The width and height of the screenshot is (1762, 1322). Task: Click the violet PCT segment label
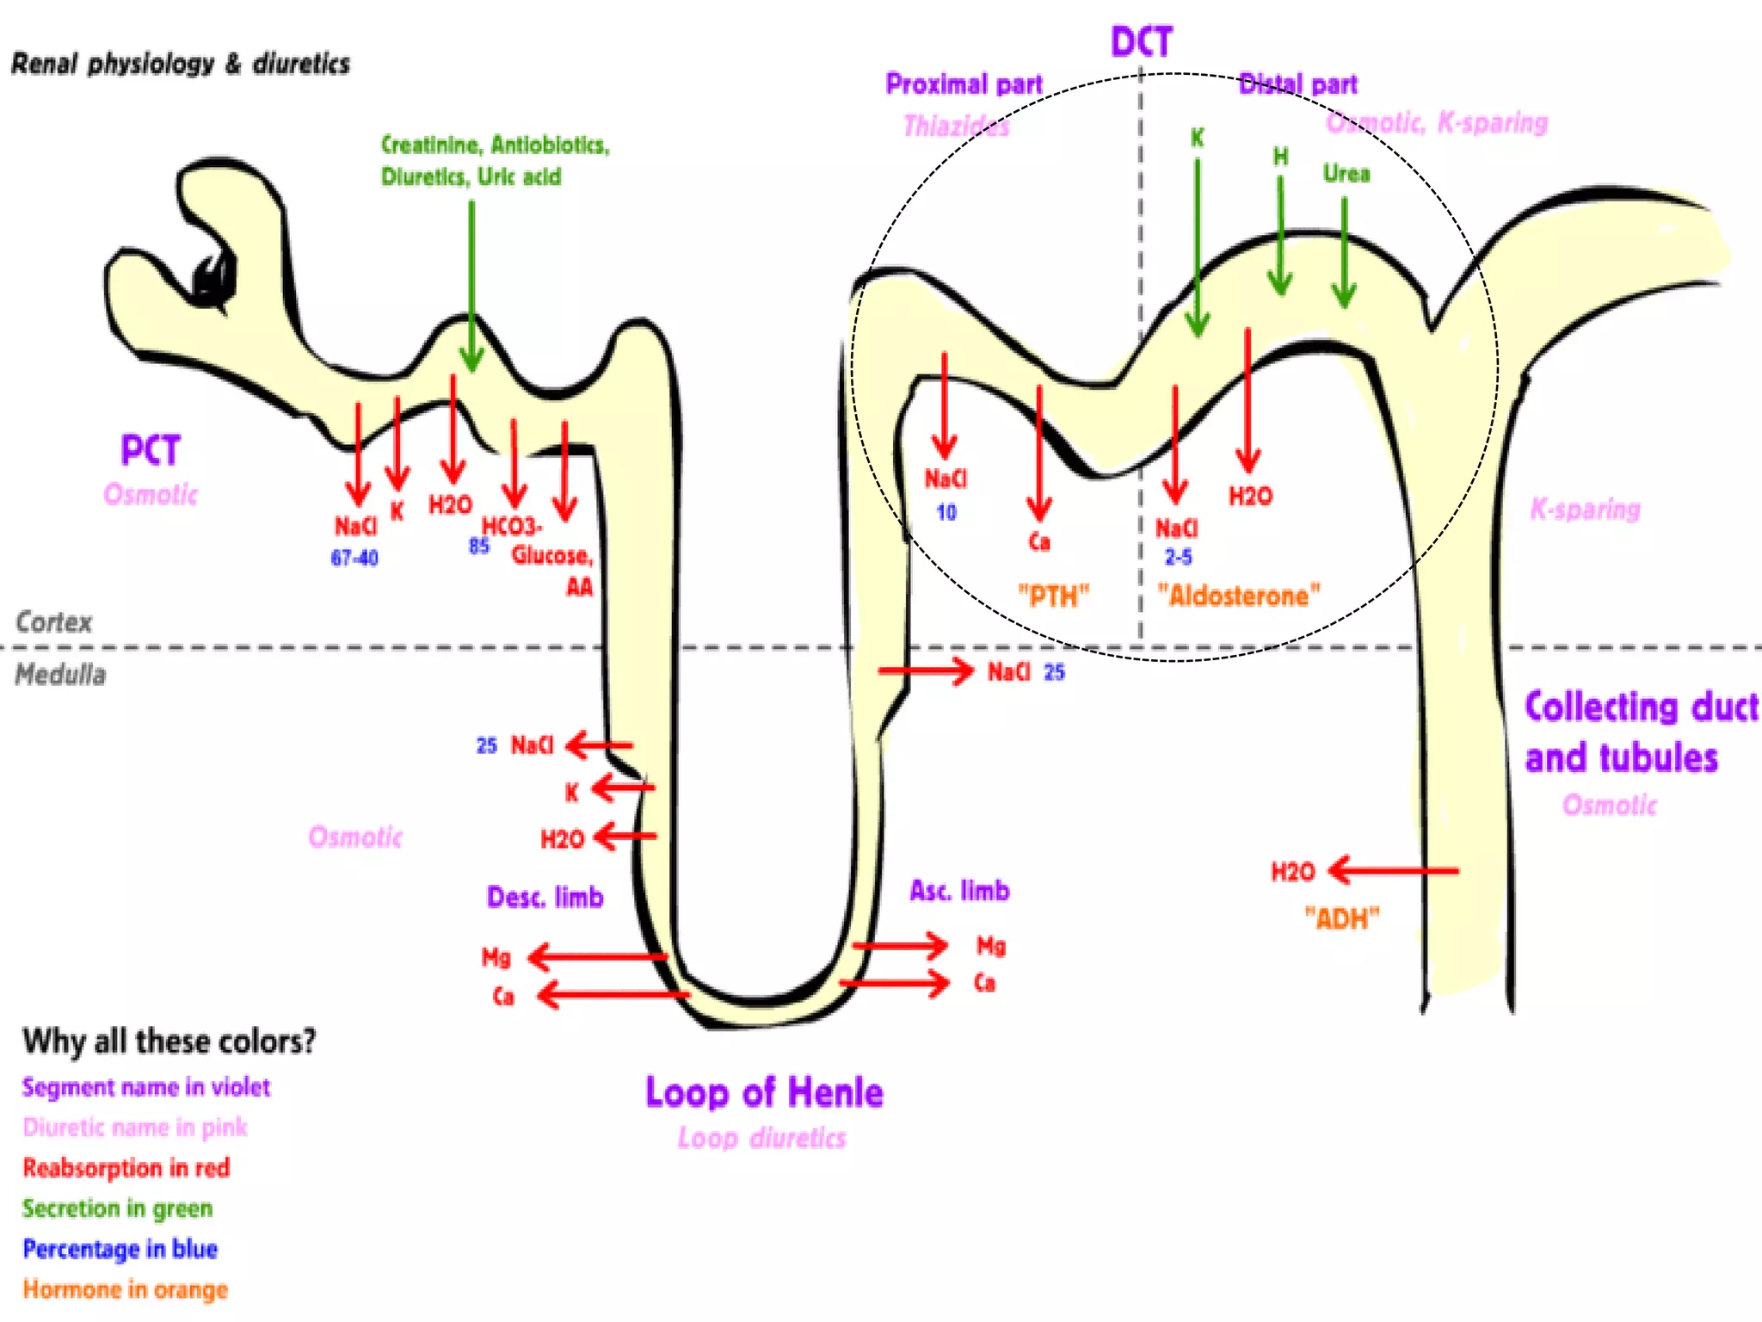(x=151, y=450)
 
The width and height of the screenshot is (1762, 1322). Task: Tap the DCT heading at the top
(x=1141, y=41)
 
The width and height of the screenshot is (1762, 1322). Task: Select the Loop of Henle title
(x=764, y=1092)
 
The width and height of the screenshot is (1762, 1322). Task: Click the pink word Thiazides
(x=956, y=127)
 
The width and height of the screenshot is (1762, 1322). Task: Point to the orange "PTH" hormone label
(x=1053, y=596)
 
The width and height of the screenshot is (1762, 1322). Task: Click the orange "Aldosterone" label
(x=1238, y=596)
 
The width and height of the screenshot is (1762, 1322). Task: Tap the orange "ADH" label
(x=1341, y=918)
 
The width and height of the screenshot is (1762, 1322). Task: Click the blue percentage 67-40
(x=354, y=558)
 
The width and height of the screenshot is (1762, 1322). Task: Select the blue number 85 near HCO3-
(x=479, y=546)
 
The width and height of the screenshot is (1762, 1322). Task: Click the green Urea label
(x=1346, y=174)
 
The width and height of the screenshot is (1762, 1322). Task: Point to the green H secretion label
(x=1280, y=157)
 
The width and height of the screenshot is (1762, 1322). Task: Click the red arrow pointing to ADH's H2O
(x=1394, y=870)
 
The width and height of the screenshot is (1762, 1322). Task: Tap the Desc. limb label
(x=545, y=898)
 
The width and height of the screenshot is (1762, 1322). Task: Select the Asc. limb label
(x=959, y=891)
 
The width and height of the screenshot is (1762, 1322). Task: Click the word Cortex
(x=53, y=621)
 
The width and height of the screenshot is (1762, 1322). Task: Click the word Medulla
(x=60, y=675)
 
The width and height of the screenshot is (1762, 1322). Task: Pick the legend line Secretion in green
(x=117, y=1208)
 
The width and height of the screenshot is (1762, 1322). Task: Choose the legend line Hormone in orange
(x=125, y=1289)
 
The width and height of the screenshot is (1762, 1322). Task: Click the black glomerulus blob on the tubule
(x=213, y=280)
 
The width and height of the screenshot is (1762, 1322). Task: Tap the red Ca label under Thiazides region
(x=1039, y=542)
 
